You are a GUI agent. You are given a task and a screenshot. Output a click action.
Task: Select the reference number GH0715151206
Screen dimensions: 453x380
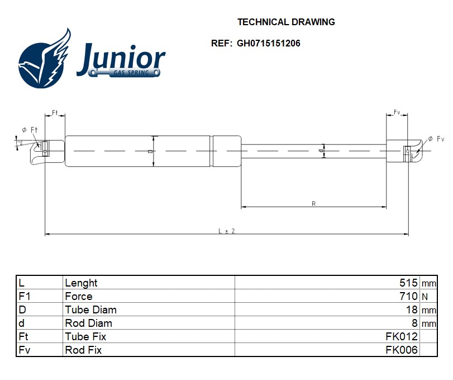point(269,43)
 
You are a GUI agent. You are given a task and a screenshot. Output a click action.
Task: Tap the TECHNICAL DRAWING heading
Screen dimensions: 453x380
point(286,22)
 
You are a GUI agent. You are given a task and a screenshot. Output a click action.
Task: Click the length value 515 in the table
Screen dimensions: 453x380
point(408,283)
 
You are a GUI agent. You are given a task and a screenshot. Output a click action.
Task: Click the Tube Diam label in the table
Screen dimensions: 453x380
point(91,310)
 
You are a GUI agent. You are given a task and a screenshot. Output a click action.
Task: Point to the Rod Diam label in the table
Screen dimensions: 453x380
point(88,323)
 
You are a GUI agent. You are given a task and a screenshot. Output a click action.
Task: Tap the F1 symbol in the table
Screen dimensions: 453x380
point(24,297)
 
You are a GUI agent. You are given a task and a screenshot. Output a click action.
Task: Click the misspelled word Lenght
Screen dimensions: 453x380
point(81,283)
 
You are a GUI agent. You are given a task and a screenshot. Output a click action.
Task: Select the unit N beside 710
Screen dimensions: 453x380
point(425,297)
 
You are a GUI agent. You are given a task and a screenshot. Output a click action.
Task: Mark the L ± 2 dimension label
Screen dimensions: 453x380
point(226,231)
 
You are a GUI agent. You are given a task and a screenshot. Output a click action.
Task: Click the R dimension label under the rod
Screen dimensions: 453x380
point(314,204)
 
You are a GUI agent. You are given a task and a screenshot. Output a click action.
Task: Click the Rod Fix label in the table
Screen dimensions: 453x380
point(83,350)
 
